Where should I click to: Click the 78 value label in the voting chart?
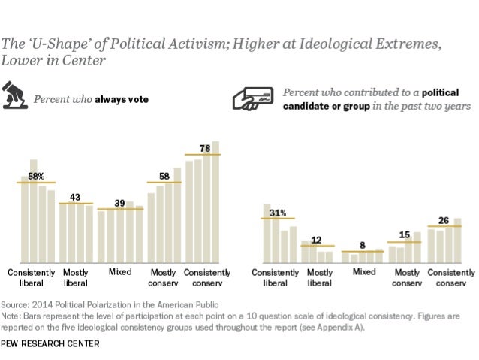coord(205,148)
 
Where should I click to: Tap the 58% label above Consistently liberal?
coord(37,176)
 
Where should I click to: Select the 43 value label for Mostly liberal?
coord(75,197)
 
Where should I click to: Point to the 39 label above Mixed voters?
coord(119,203)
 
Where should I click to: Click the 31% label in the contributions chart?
coord(279,213)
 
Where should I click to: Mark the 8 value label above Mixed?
coord(363,245)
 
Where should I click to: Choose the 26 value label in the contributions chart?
coord(444,220)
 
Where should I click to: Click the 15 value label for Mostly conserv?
coord(405,234)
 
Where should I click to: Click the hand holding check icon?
coord(254,100)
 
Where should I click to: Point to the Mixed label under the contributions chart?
coord(365,271)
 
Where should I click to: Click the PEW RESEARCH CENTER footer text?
coord(50,346)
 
